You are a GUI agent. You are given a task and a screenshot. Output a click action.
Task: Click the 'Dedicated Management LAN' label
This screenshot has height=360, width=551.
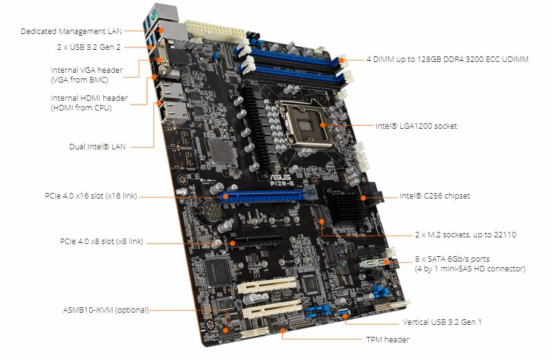72,32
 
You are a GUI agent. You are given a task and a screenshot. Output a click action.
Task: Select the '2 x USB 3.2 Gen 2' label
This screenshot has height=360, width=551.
89,47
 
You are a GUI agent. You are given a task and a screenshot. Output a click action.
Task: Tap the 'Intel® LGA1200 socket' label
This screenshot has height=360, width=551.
416,126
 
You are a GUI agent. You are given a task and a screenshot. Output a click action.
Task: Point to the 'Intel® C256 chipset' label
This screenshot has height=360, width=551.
434,196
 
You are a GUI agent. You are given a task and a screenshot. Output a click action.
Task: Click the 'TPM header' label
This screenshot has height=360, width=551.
388,339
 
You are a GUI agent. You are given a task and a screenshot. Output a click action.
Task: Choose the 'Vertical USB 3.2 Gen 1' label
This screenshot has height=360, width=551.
442,322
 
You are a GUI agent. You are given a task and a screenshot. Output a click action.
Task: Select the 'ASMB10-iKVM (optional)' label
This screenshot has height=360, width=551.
106,310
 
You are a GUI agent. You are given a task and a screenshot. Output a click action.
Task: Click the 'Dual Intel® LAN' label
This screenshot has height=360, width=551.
97,146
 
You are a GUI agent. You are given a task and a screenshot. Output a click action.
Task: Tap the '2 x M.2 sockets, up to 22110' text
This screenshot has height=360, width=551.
465,234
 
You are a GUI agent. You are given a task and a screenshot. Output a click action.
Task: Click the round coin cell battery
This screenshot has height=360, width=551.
208,212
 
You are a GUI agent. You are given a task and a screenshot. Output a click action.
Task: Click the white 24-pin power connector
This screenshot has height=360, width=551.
215,31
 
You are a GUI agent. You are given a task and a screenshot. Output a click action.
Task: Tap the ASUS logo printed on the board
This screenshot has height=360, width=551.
280,177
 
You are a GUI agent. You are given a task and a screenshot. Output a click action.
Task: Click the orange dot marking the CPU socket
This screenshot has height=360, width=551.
323,125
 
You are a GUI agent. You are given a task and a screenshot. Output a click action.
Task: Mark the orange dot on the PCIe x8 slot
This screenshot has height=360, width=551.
232,243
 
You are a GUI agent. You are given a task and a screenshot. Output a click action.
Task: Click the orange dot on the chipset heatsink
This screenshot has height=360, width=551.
363,198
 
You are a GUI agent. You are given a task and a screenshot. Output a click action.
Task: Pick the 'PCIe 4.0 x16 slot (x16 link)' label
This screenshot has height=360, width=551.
91,196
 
